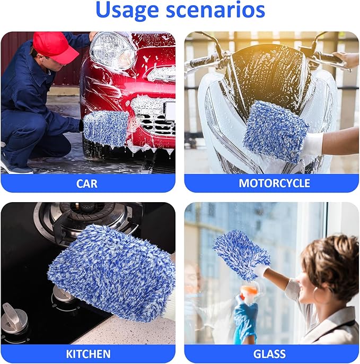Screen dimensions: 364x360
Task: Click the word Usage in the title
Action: pyautogui.click(x=128, y=11)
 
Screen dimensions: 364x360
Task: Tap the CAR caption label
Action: pyautogui.click(x=87, y=183)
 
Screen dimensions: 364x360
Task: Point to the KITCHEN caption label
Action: pyautogui.click(x=87, y=354)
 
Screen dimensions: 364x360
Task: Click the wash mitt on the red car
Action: pyautogui.click(x=106, y=126)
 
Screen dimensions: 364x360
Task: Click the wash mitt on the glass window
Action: pyautogui.click(x=241, y=253)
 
